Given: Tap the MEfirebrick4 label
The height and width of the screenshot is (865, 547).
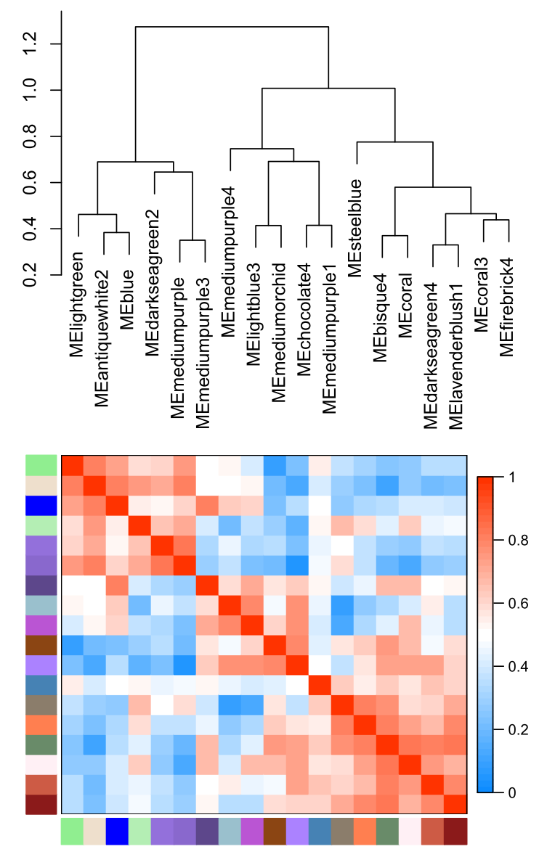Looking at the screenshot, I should (x=507, y=305).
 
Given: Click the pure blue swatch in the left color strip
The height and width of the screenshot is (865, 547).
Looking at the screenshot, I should (x=42, y=504).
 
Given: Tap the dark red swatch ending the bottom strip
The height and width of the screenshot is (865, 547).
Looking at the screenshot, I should (x=455, y=832).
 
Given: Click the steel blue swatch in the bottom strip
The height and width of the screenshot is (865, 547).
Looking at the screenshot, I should (x=320, y=832).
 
